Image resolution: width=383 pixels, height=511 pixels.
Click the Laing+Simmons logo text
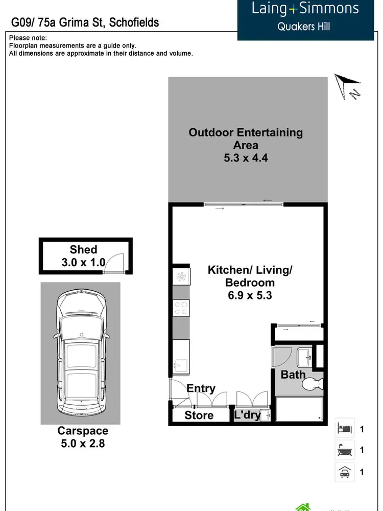click(305, 9)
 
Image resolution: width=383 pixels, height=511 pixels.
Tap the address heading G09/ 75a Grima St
click(85, 22)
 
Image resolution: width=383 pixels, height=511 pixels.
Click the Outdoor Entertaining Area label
click(246, 138)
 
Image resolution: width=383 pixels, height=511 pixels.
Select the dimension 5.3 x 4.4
click(246, 158)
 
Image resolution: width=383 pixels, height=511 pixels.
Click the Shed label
click(83, 249)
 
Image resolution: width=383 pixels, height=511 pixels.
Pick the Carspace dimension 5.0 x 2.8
click(81, 444)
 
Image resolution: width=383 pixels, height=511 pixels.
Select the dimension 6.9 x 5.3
click(249, 295)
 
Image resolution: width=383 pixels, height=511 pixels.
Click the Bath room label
click(293, 375)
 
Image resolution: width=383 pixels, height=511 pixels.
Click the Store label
click(199, 415)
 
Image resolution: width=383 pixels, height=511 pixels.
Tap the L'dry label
click(247, 415)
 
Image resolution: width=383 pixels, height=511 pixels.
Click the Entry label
click(201, 388)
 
